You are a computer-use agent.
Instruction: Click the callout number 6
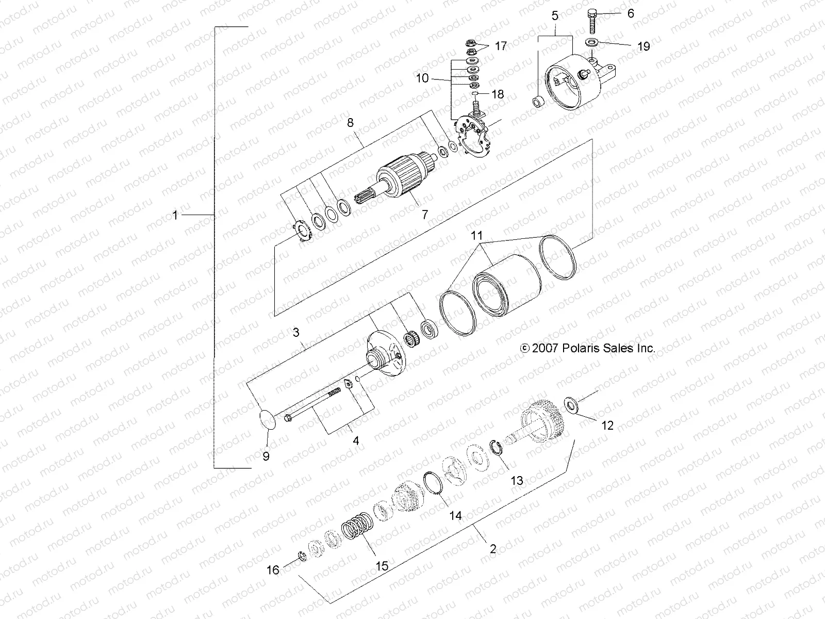point(631,14)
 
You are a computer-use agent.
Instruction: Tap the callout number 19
point(643,46)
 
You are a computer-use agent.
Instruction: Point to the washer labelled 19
point(591,41)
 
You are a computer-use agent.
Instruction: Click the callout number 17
point(501,46)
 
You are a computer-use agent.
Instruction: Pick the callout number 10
point(422,78)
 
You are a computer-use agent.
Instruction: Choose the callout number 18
point(498,95)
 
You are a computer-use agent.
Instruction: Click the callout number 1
point(175,215)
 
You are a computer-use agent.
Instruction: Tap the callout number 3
point(296,333)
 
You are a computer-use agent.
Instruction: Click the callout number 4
point(355,441)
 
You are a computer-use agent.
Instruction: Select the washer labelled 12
point(571,404)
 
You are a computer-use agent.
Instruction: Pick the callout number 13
point(517,481)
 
